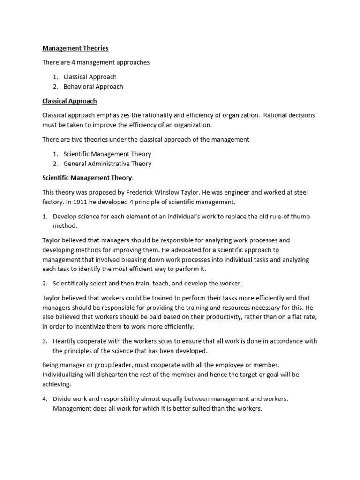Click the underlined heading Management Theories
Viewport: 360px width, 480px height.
[x=75, y=48]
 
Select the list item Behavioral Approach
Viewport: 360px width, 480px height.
[x=93, y=86]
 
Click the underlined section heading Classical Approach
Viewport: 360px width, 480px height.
[x=69, y=101]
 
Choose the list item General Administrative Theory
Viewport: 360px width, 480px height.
[x=107, y=164]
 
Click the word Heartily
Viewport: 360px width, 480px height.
[x=66, y=341]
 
